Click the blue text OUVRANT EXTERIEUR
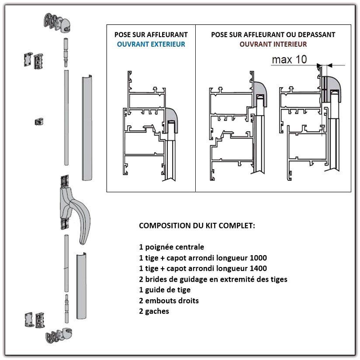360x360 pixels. pos(151,44)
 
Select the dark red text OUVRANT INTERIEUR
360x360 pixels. pos(273,44)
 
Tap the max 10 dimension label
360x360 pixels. pos(289,59)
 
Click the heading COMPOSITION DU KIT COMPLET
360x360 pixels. pos(197,226)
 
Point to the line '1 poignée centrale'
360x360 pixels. pos(171,247)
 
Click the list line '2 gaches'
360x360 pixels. pos(154,312)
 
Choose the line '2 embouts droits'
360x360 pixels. pos(169,301)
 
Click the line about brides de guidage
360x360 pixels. pos(213,279)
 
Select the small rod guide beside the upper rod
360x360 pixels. pos(38,121)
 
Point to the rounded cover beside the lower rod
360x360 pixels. pos(82,286)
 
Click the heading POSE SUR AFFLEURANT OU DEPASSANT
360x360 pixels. pos(273,35)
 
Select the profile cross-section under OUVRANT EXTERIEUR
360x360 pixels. pos(151,127)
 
